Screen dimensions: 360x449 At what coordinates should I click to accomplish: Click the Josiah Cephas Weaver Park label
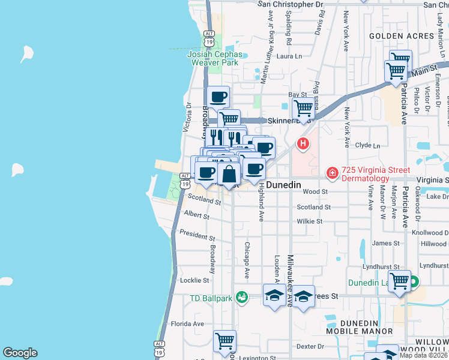tap(215, 58)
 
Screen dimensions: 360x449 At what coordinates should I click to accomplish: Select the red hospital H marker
tap(304, 143)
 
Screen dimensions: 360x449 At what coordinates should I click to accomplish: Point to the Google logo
tap(20, 353)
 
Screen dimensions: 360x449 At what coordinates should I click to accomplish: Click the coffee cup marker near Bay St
tap(218, 96)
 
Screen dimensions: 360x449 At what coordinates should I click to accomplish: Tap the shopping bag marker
tap(229, 174)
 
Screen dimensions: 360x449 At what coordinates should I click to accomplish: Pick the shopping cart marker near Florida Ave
tap(224, 341)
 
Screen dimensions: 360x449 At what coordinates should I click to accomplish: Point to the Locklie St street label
tap(194, 280)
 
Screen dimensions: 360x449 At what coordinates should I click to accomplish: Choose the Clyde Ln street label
tap(368, 145)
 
